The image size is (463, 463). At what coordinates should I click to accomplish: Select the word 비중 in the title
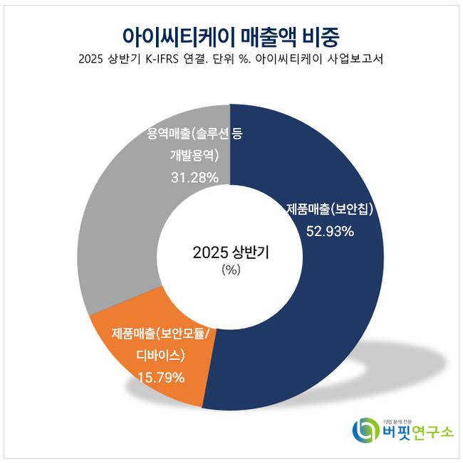(318, 34)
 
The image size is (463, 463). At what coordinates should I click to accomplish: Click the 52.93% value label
(330, 230)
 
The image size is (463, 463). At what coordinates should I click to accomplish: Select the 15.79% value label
(161, 377)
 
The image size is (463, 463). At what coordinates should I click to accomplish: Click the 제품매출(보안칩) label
(330, 210)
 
